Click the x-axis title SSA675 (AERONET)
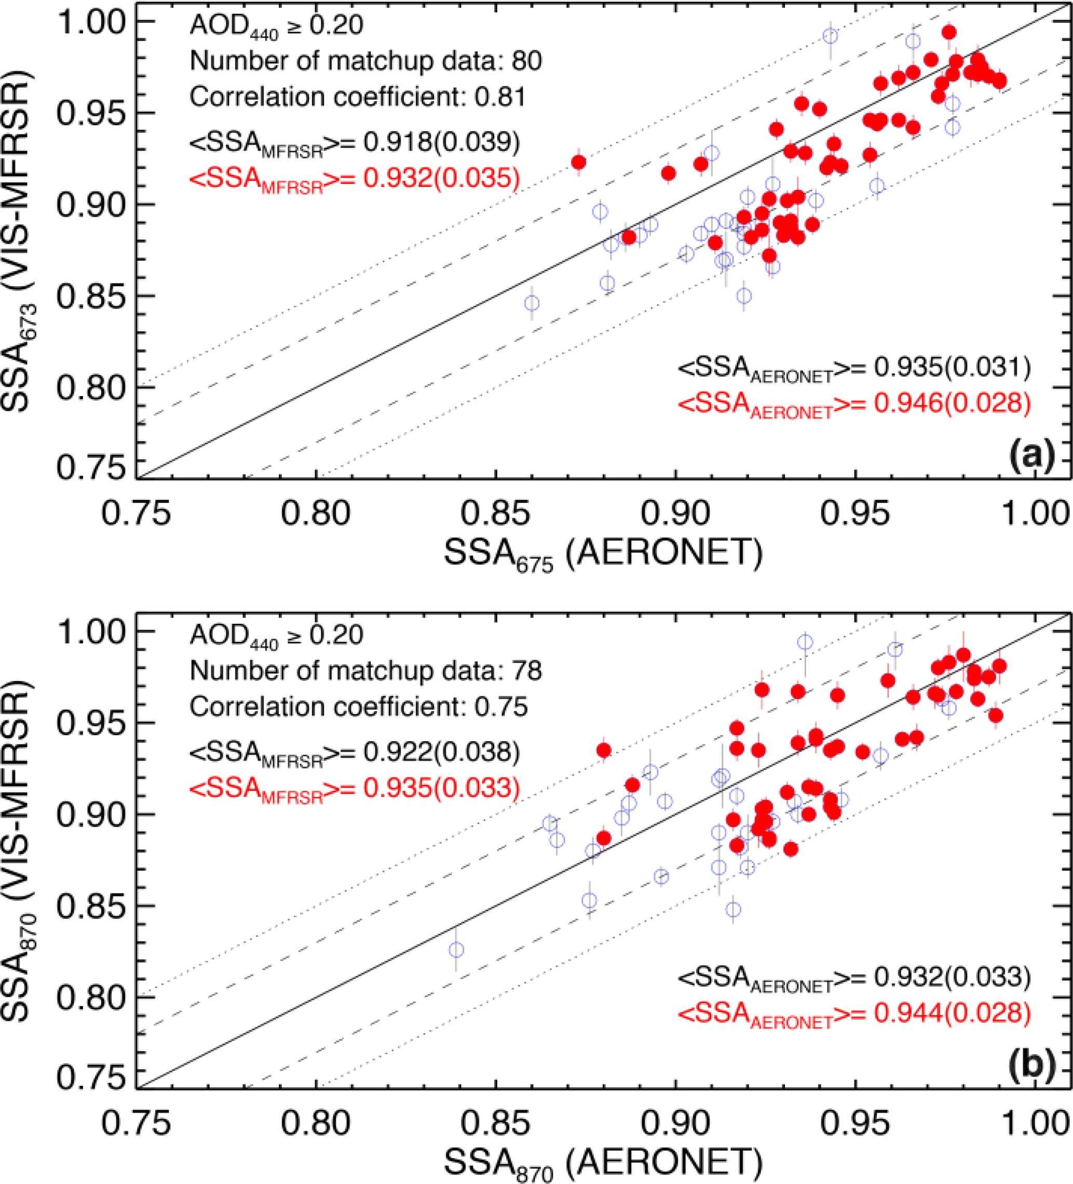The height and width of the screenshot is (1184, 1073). tap(603, 554)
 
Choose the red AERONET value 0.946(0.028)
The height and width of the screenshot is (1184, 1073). tap(953, 403)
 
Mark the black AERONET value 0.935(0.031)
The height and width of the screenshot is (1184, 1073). tap(953, 367)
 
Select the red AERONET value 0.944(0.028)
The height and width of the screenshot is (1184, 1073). tap(953, 1014)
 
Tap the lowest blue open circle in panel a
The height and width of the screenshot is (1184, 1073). tap(532, 304)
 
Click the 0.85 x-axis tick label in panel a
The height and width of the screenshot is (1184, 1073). tap(496, 513)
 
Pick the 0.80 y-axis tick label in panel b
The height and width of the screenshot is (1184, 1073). tap(91, 997)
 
